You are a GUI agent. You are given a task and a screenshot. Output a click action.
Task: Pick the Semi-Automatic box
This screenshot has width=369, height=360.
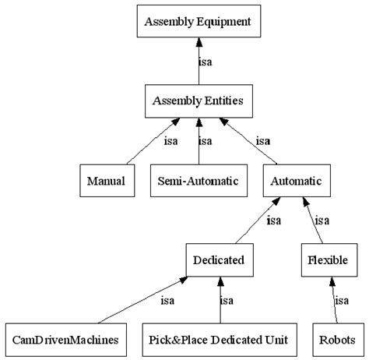199,181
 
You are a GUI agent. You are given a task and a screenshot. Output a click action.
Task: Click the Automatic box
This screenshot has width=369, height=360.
296,181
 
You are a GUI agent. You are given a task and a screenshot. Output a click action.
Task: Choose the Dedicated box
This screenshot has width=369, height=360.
220,259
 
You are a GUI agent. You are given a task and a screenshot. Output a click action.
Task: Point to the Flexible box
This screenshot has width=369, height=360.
324,259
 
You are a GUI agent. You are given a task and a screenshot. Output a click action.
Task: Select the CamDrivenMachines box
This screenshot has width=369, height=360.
65,340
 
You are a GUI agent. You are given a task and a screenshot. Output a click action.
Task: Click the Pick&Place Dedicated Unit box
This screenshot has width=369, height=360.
220,340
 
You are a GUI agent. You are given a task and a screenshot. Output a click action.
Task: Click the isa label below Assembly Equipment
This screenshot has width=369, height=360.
206,62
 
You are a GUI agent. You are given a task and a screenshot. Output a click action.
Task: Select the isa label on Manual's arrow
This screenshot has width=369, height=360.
170,141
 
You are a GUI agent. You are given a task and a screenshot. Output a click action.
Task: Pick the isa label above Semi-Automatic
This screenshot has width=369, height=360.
206,141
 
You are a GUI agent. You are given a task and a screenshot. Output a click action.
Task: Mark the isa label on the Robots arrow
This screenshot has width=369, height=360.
341,300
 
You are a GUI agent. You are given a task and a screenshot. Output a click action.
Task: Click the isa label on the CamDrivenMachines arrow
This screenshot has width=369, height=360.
167,300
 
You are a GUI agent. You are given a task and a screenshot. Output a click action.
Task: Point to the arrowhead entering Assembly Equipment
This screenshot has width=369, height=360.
199,44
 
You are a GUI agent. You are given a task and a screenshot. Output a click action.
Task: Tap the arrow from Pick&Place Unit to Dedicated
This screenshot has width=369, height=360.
220,304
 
